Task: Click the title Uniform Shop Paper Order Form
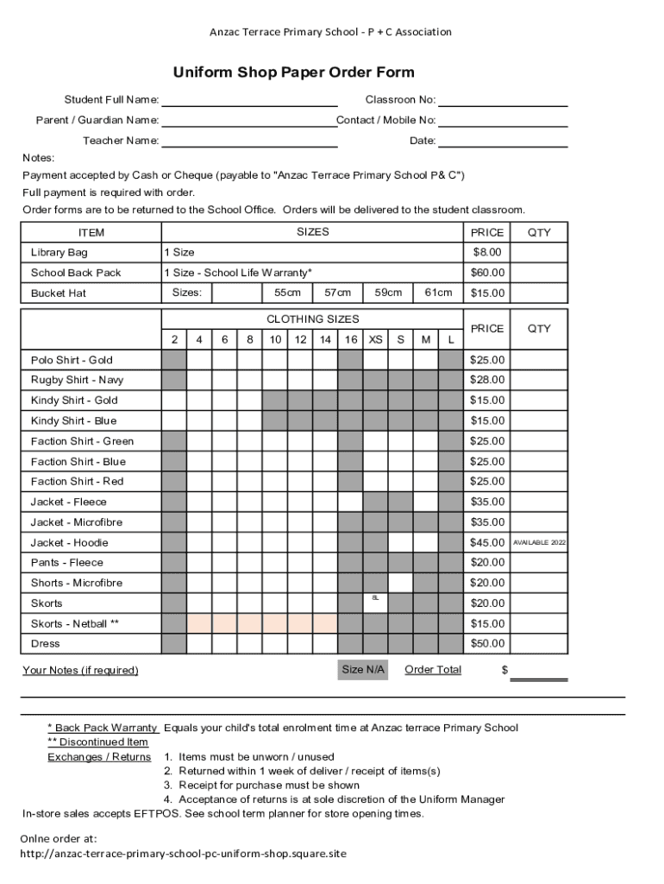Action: click(293, 73)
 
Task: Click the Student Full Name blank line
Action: click(249, 101)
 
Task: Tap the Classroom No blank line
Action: click(503, 101)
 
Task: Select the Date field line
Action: click(503, 142)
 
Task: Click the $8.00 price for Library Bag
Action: click(487, 253)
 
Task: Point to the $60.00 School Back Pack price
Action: click(487, 273)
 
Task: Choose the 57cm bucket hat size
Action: click(337, 293)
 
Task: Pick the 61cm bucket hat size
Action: click(438, 293)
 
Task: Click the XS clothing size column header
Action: click(376, 339)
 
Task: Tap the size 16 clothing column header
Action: click(351, 339)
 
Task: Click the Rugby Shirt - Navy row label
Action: click(77, 380)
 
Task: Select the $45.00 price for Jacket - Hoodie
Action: click(487, 542)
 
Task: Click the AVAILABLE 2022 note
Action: click(539, 542)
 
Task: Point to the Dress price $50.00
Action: click(487, 644)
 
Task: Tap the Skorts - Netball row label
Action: click(75, 623)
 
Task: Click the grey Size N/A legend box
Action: click(364, 670)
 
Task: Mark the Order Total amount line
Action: click(539, 673)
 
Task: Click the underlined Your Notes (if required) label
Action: click(80, 671)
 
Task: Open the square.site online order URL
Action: click(183, 853)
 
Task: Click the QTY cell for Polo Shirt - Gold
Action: click(539, 360)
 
